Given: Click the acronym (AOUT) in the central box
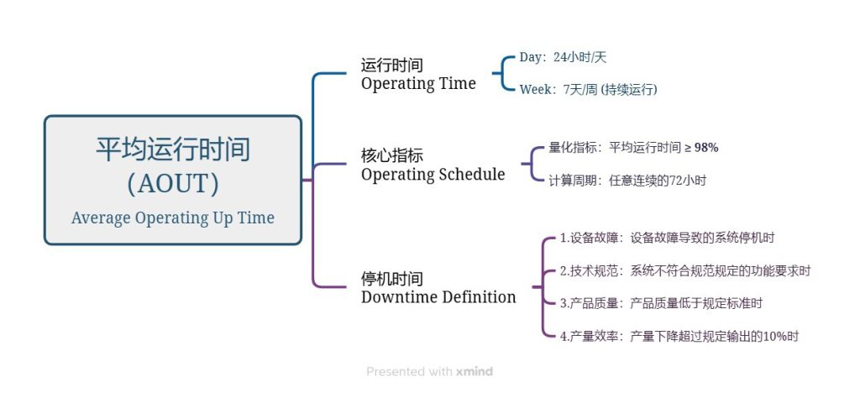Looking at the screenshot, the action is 173,184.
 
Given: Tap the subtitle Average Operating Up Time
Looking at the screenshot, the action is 173,218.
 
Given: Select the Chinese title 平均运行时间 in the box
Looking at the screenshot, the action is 173,149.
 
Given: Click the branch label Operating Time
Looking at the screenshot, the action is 418,84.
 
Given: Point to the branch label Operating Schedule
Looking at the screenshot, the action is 433,175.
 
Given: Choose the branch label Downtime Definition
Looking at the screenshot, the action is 438,297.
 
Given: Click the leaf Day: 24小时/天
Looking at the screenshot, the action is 563,58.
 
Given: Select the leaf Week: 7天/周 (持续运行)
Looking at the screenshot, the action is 588,89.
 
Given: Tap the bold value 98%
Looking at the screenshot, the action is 706,148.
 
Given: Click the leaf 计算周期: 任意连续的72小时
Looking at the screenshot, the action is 627,181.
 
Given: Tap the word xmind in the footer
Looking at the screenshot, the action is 475,372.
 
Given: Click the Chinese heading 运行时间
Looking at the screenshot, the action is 392,65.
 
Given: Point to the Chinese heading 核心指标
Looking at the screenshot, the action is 392,155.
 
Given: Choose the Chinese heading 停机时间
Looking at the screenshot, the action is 392,279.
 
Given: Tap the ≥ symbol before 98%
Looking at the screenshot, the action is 688,149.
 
